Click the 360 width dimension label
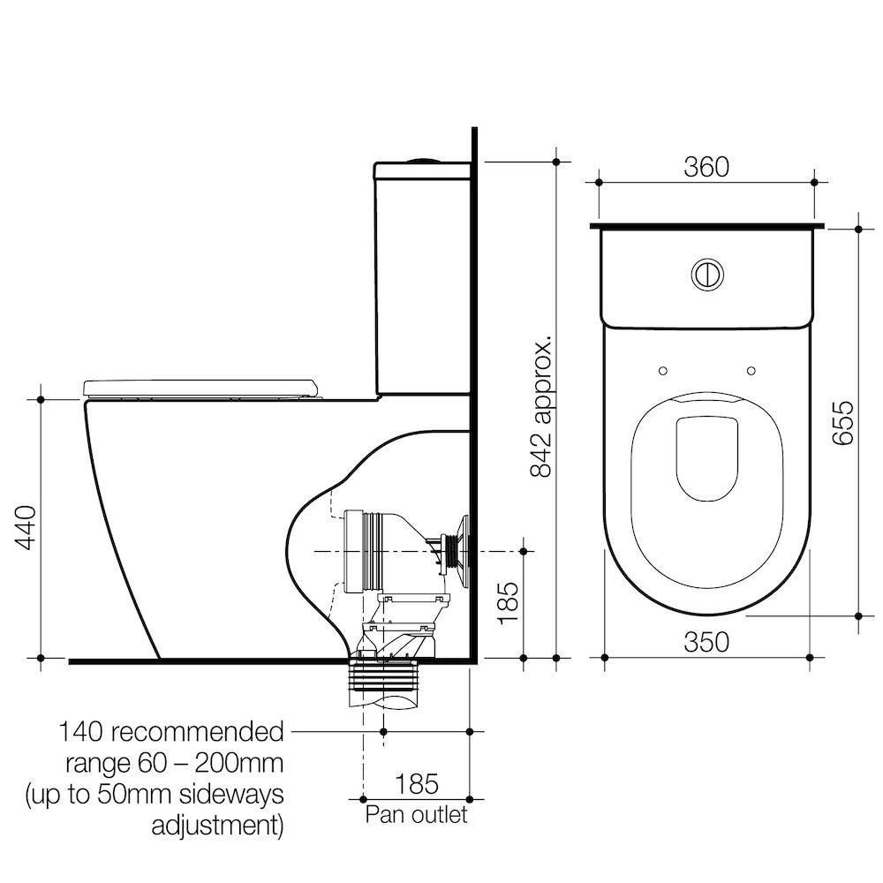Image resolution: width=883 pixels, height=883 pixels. [706, 167]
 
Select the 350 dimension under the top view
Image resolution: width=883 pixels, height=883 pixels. [706, 642]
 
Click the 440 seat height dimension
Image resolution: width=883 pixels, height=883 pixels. [26, 528]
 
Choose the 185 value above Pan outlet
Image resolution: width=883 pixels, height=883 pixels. [416, 783]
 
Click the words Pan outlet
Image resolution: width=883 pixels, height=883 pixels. [416, 813]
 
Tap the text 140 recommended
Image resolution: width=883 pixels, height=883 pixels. [171, 732]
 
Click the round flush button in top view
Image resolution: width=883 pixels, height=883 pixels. [706, 274]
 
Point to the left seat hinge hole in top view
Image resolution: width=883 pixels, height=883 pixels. [663, 370]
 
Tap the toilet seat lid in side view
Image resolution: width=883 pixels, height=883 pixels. [200, 387]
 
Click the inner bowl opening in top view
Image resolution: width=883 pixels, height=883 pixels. [706, 457]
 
